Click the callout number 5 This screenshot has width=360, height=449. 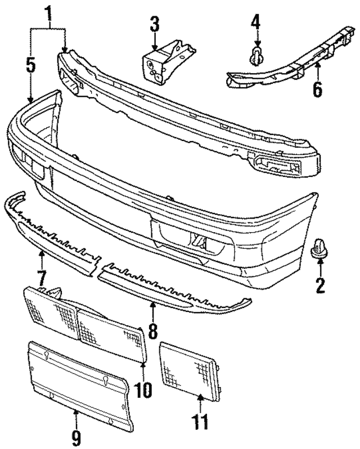30,65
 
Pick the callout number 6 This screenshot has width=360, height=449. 317,87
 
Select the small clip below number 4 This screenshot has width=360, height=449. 257,55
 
